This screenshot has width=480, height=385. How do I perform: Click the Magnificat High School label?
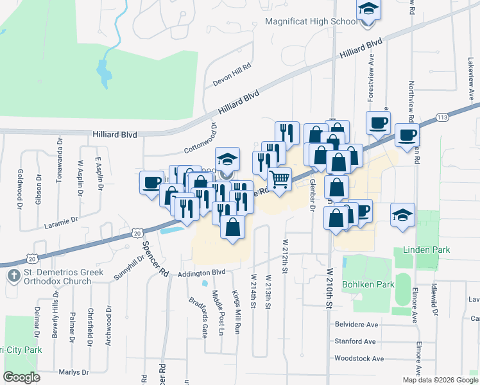click(311, 22)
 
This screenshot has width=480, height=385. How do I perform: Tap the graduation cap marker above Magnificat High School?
click(368, 9)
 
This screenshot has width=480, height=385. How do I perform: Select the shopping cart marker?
click(279, 180)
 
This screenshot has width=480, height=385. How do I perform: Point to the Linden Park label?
click(426, 250)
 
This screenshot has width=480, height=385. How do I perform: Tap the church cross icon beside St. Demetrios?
click(13, 276)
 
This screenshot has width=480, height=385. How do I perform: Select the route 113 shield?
click(441, 117)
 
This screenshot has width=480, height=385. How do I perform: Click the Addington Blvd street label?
click(203, 273)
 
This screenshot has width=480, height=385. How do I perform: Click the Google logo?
click(21, 377)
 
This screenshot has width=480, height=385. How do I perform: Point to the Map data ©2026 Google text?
click(440, 380)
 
